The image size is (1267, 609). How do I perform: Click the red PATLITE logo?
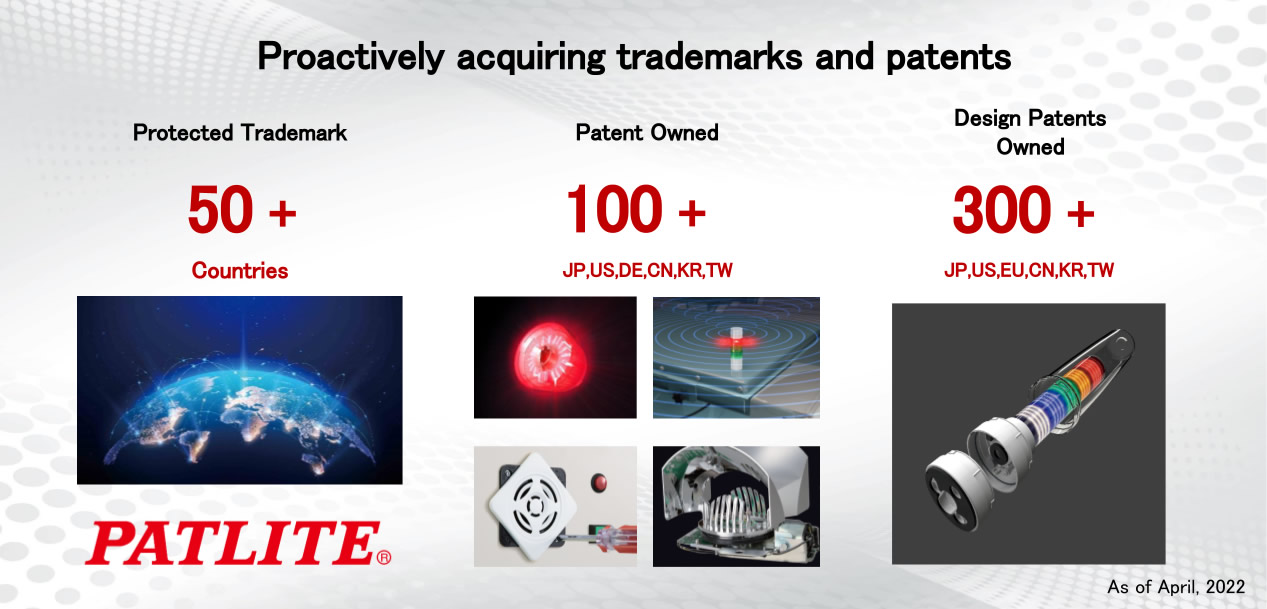238,543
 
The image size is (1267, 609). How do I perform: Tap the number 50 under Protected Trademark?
221,210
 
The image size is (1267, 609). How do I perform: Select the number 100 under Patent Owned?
614,210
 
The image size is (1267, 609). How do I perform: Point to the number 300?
1002,210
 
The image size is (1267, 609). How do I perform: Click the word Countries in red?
240,270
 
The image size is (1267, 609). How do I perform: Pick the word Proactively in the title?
351,57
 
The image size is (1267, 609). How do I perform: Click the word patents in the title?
949,57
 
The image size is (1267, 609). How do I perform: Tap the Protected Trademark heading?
240,132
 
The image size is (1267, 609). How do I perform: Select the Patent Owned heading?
647,132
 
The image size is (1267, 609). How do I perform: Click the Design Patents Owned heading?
1030,132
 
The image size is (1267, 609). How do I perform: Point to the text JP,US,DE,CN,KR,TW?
648,270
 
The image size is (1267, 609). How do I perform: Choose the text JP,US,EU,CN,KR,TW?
1029,270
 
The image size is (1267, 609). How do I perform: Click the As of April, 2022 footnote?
1176,587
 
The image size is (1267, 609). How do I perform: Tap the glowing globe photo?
240,390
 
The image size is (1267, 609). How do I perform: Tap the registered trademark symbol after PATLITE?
383,558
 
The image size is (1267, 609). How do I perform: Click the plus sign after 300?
1080,213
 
